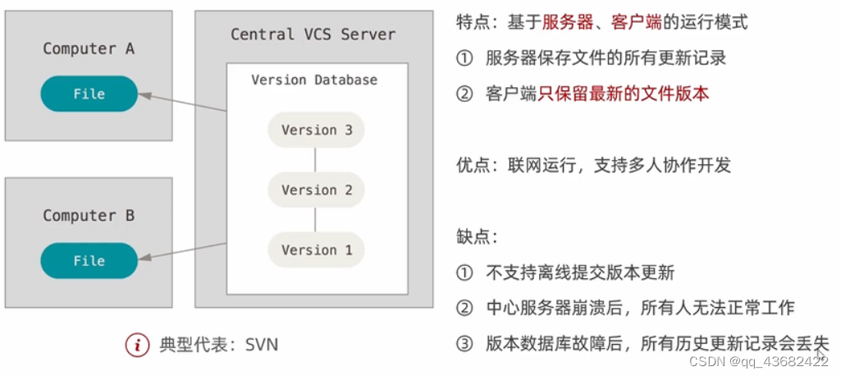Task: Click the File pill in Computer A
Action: pos(89,94)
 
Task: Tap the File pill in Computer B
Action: pos(89,260)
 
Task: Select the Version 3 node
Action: pos(316,130)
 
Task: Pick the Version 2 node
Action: pos(316,190)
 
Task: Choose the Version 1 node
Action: pos(316,250)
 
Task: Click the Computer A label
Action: pos(89,48)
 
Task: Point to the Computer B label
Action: pos(89,215)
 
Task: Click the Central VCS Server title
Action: pos(313,34)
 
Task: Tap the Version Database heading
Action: pos(314,80)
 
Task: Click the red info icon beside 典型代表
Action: pos(137,344)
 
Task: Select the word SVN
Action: pos(262,344)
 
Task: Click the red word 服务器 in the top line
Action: pos(567,22)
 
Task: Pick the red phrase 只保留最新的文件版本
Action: pos(624,94)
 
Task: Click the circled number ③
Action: pos(465,343)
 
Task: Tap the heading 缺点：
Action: pos(477,236)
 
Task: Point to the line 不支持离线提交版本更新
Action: pos(580,272)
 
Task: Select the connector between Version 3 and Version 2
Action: pos(316,160)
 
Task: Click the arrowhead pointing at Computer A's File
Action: pos(144,96)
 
